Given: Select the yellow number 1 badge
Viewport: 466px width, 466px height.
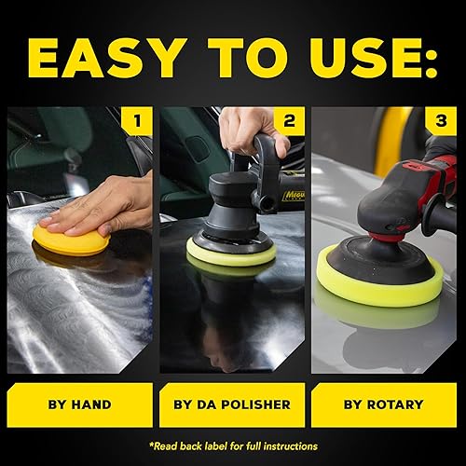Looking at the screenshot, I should [x=138, y=120].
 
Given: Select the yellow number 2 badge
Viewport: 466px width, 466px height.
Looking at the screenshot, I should [x=289, y=120].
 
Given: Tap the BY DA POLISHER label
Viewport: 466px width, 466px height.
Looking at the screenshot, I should [x=231, y=405].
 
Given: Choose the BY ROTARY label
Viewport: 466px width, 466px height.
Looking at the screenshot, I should [x=384, y=405].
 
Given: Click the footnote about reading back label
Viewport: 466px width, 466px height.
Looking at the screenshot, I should [x=233, y=445].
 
